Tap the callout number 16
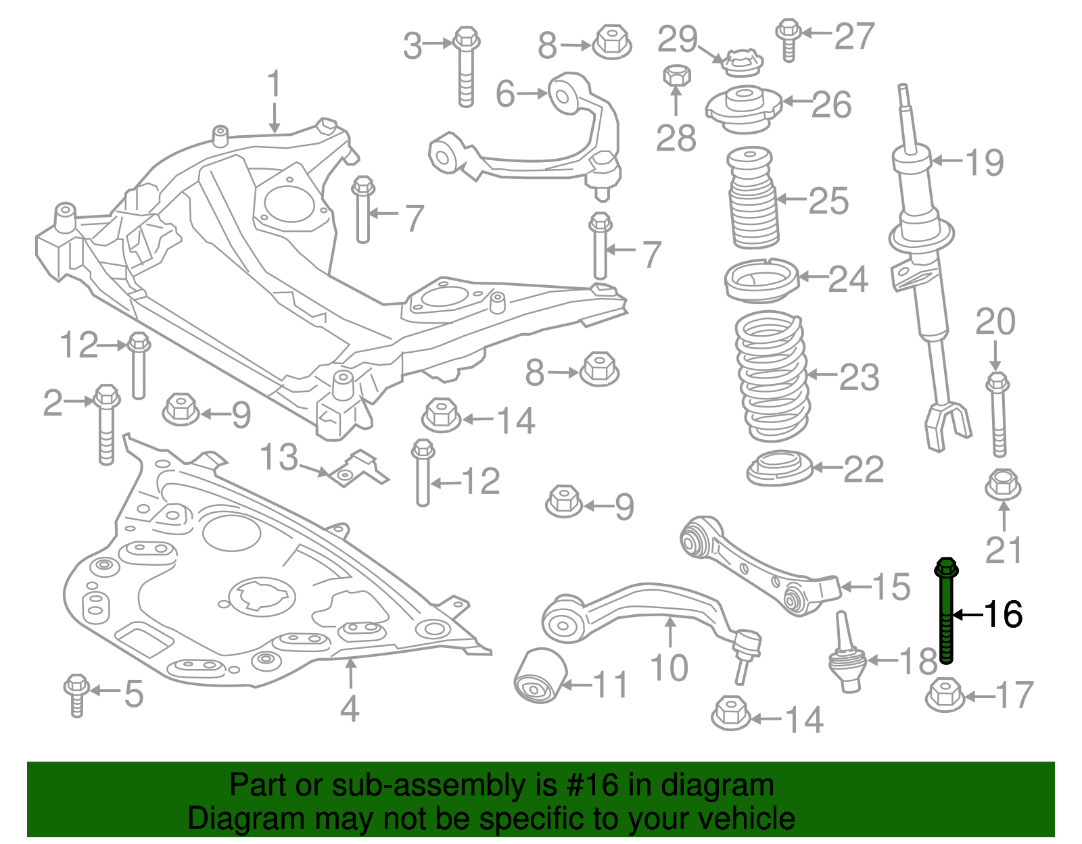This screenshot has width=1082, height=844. (1002, 614)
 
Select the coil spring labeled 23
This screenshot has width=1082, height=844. (771, 375)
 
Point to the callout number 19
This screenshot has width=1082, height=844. (984, 162)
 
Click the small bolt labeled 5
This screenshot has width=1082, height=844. (76, 694)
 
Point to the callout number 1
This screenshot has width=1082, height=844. (273, 84)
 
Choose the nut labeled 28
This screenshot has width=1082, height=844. (676, 75)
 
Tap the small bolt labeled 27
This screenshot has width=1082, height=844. (788, 39)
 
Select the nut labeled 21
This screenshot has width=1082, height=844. (1003, 486)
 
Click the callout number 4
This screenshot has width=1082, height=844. (349, 708)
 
